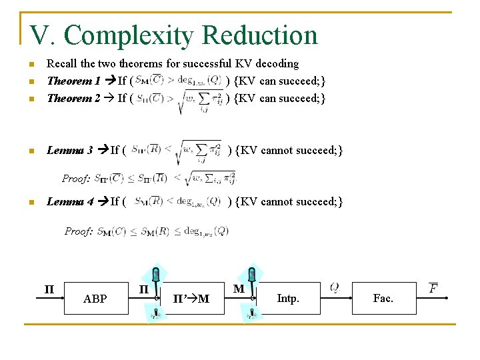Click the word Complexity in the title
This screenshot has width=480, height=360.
coord(129,36)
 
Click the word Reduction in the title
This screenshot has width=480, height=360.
coord(259,35)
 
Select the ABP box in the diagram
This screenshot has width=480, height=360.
coord(95,299)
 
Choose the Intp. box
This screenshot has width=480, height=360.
coord(287,299)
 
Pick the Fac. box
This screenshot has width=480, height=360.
coord(383,299)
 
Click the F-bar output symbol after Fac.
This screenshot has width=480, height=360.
coord(433,288)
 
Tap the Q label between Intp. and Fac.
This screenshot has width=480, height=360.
coord(335,287)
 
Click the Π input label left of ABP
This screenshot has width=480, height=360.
coord(49,289)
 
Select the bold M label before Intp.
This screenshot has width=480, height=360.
coord(238,289)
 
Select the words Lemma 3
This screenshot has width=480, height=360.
coord(69,150)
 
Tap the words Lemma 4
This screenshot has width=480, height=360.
coord(69,201)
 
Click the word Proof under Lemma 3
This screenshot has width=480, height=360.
coord(75,179)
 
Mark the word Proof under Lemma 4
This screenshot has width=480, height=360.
coord(78,231)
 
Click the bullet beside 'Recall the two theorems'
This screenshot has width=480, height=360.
coord(30,65)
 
